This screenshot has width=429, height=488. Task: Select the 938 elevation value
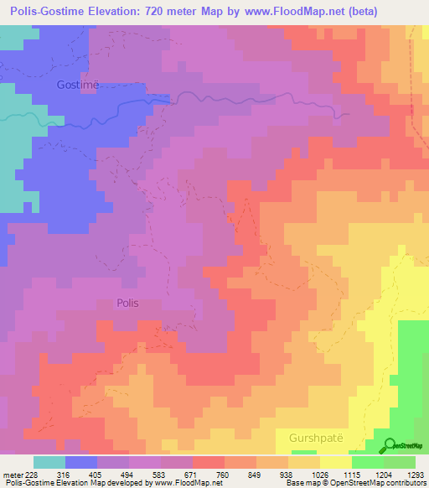(297, 475)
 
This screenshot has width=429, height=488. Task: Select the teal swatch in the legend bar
(49, 462)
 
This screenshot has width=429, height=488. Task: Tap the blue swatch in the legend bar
(82, 462)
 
